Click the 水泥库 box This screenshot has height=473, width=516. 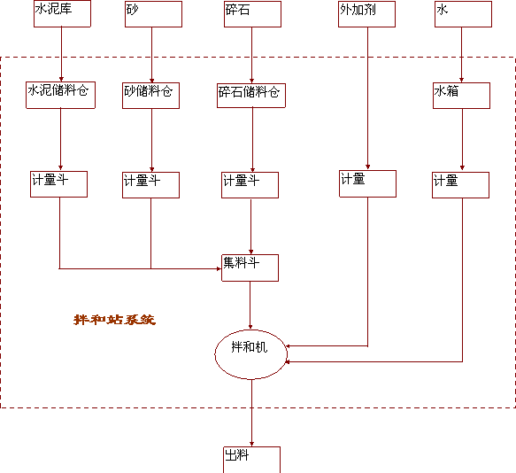tap(62, 13)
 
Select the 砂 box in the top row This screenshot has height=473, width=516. tap(153, 14)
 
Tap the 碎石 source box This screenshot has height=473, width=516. tap(252, 14)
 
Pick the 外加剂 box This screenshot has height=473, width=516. tap(366, 14)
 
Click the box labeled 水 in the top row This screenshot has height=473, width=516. tap(463, 14)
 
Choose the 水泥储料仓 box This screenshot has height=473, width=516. tap(60, 95)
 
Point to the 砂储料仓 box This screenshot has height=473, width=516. tap(150, 96)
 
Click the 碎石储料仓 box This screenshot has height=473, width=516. tap(251, 96)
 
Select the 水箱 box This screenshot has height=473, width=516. tap(461, 96)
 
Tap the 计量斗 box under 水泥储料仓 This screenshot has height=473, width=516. tap(58, 184)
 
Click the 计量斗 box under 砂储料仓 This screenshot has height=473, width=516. tap(150, 185)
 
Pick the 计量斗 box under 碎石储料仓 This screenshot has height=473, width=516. tap(250, 185)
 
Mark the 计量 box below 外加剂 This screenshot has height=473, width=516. tap(367, 184)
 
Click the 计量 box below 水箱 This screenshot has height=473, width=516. tap(460, 185)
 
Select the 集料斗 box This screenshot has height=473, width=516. tap(250, 268)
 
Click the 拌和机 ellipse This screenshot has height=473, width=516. tap(250, 354)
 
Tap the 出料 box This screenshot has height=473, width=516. tap(251, 460)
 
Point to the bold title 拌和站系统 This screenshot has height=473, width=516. tap(114, 320)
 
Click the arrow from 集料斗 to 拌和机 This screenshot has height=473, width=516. tap(250, 306)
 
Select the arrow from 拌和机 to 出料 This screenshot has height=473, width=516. tap(251, 413)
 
